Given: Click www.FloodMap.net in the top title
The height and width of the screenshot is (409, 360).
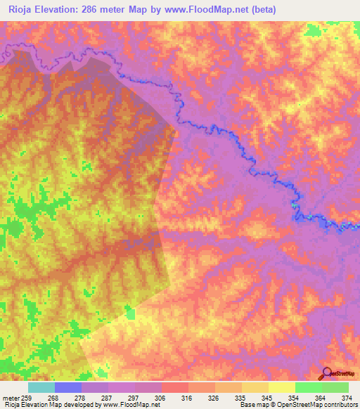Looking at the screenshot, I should (x=204, y=10).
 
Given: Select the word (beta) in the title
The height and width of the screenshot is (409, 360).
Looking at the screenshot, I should (x=261, y=10).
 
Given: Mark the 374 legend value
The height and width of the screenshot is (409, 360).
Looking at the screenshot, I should (x=347, y=397).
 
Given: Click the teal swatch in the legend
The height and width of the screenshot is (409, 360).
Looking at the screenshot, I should (x=41, y=387).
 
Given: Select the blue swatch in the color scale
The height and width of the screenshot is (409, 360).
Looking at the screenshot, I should (x=68, y=387).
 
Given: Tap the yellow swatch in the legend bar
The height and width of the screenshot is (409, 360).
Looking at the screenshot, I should (x=282, y=387).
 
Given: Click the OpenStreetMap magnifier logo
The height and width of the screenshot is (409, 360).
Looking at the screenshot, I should (x=326, y=373).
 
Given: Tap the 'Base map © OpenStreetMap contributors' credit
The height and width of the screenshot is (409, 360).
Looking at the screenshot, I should (x=297, y=405).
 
